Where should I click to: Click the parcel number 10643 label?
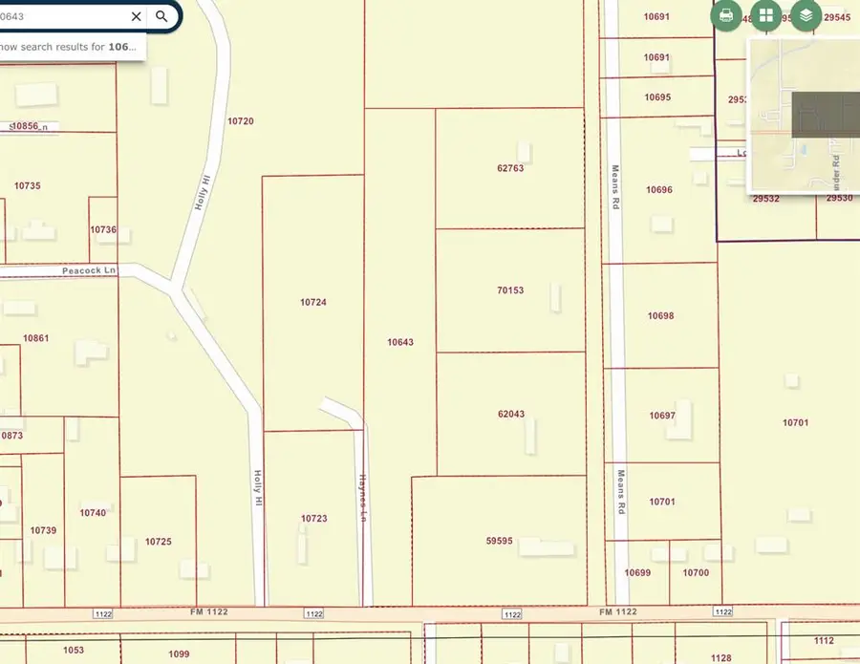[400, 342]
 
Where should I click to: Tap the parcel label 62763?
[510, 168]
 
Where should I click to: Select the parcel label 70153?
[510, 290]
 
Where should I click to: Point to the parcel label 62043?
[511, 415]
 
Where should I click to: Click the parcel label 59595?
[500, 541]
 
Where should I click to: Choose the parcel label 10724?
[313, 302]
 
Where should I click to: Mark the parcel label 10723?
[314, 519]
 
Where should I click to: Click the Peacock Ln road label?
[88, 271]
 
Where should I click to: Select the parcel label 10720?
[241, 121]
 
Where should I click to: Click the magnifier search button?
[162, 16]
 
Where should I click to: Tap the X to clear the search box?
[137, 16]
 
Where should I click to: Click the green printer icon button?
[726, 15]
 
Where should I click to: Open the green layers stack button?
[806, 15]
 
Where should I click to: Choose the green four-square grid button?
[766, 15]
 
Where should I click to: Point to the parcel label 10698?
[660, 315]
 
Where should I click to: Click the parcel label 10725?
[159, 542]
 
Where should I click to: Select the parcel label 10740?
[93, 513]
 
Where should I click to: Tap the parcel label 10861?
[35, 338]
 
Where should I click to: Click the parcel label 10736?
[103, 230]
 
